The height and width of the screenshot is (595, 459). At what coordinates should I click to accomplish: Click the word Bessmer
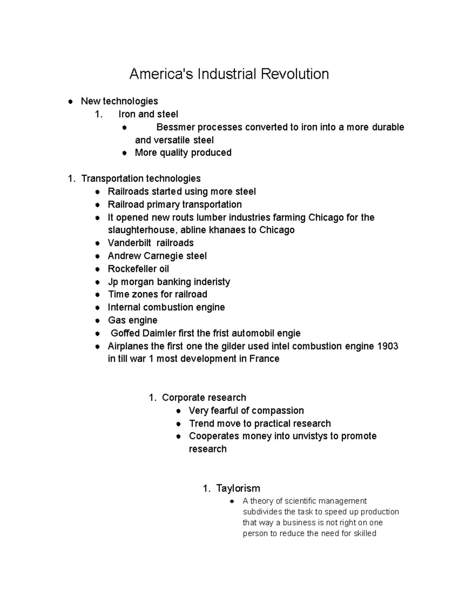(x=176, y=127)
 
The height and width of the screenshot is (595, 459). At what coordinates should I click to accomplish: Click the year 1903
(x=387, y=346)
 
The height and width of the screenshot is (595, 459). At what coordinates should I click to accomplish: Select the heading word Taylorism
(x=238, y=488)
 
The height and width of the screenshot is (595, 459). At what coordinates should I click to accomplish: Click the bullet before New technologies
(x=70, y=102)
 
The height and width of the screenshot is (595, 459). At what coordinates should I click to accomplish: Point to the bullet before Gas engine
(x=98, y=321)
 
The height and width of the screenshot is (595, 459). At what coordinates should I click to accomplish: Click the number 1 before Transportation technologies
(x=70, y=179)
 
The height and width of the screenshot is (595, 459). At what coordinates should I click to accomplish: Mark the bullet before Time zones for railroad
(x=98, y=295)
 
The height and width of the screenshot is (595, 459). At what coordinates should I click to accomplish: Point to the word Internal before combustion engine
(x=124, y=308)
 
